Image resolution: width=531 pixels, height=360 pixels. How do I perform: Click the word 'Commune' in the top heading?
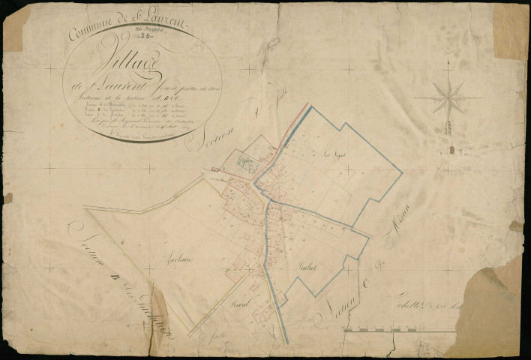click(x=91, y=30)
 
